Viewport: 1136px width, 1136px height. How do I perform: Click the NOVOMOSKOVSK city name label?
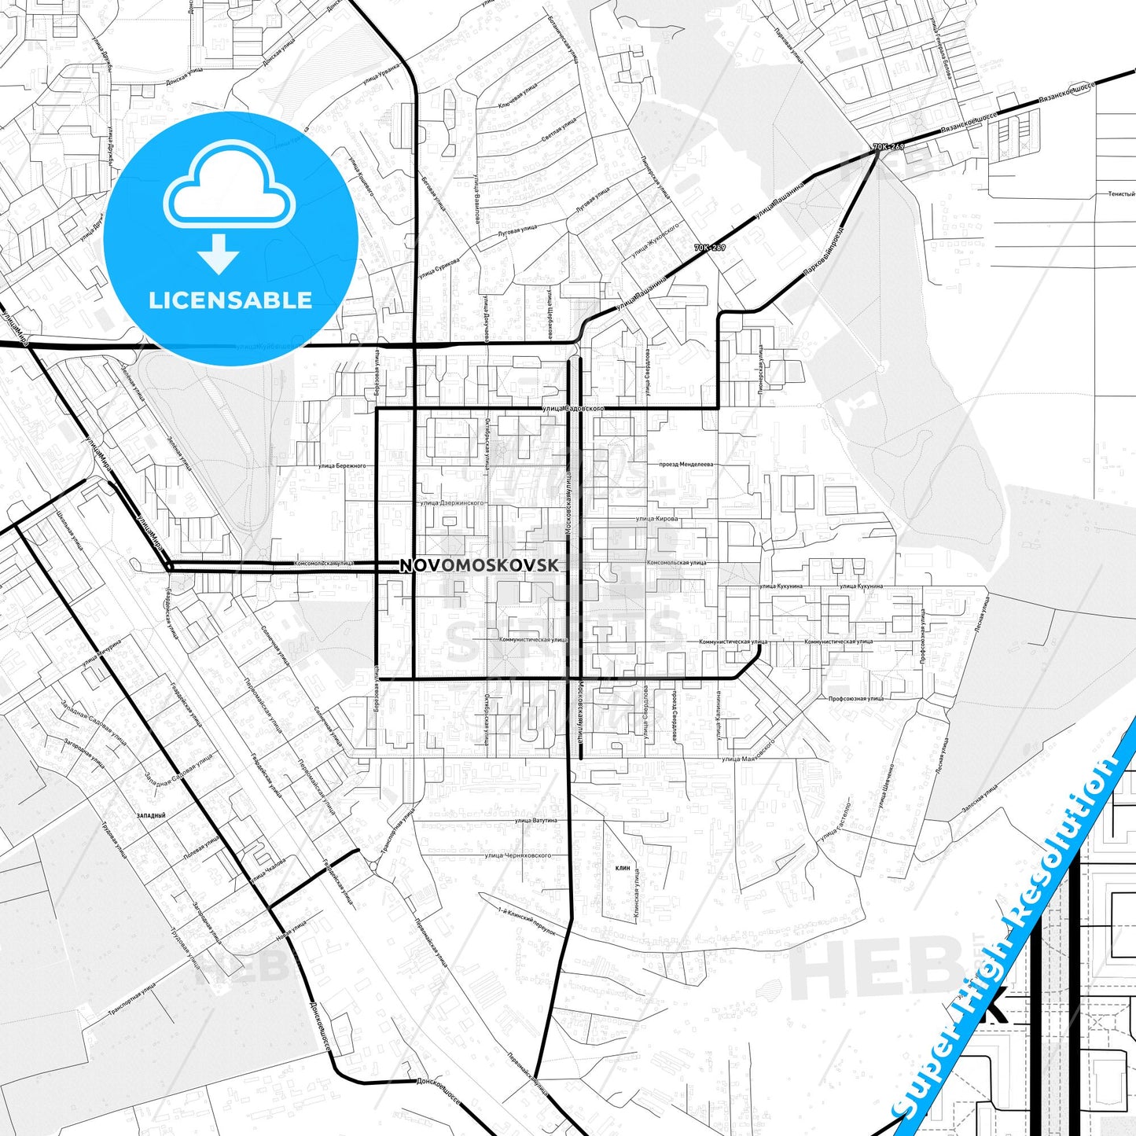(480, 565)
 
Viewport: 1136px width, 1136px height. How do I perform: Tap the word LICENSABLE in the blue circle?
(230, 300)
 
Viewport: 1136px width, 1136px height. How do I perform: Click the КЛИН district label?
(623, 868)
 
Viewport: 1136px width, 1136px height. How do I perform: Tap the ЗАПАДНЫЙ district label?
(151, 816)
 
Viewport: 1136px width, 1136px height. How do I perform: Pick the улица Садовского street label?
(573, 409)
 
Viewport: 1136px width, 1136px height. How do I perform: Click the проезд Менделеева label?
(686, 465)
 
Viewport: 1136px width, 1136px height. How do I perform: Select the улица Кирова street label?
(656, 519)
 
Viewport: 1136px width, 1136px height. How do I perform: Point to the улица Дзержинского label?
(452, 502)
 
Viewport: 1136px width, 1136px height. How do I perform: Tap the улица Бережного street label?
(342, 465)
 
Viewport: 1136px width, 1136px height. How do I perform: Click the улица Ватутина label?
(535, 820)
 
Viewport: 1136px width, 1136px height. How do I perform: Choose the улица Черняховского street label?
(517, 855)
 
